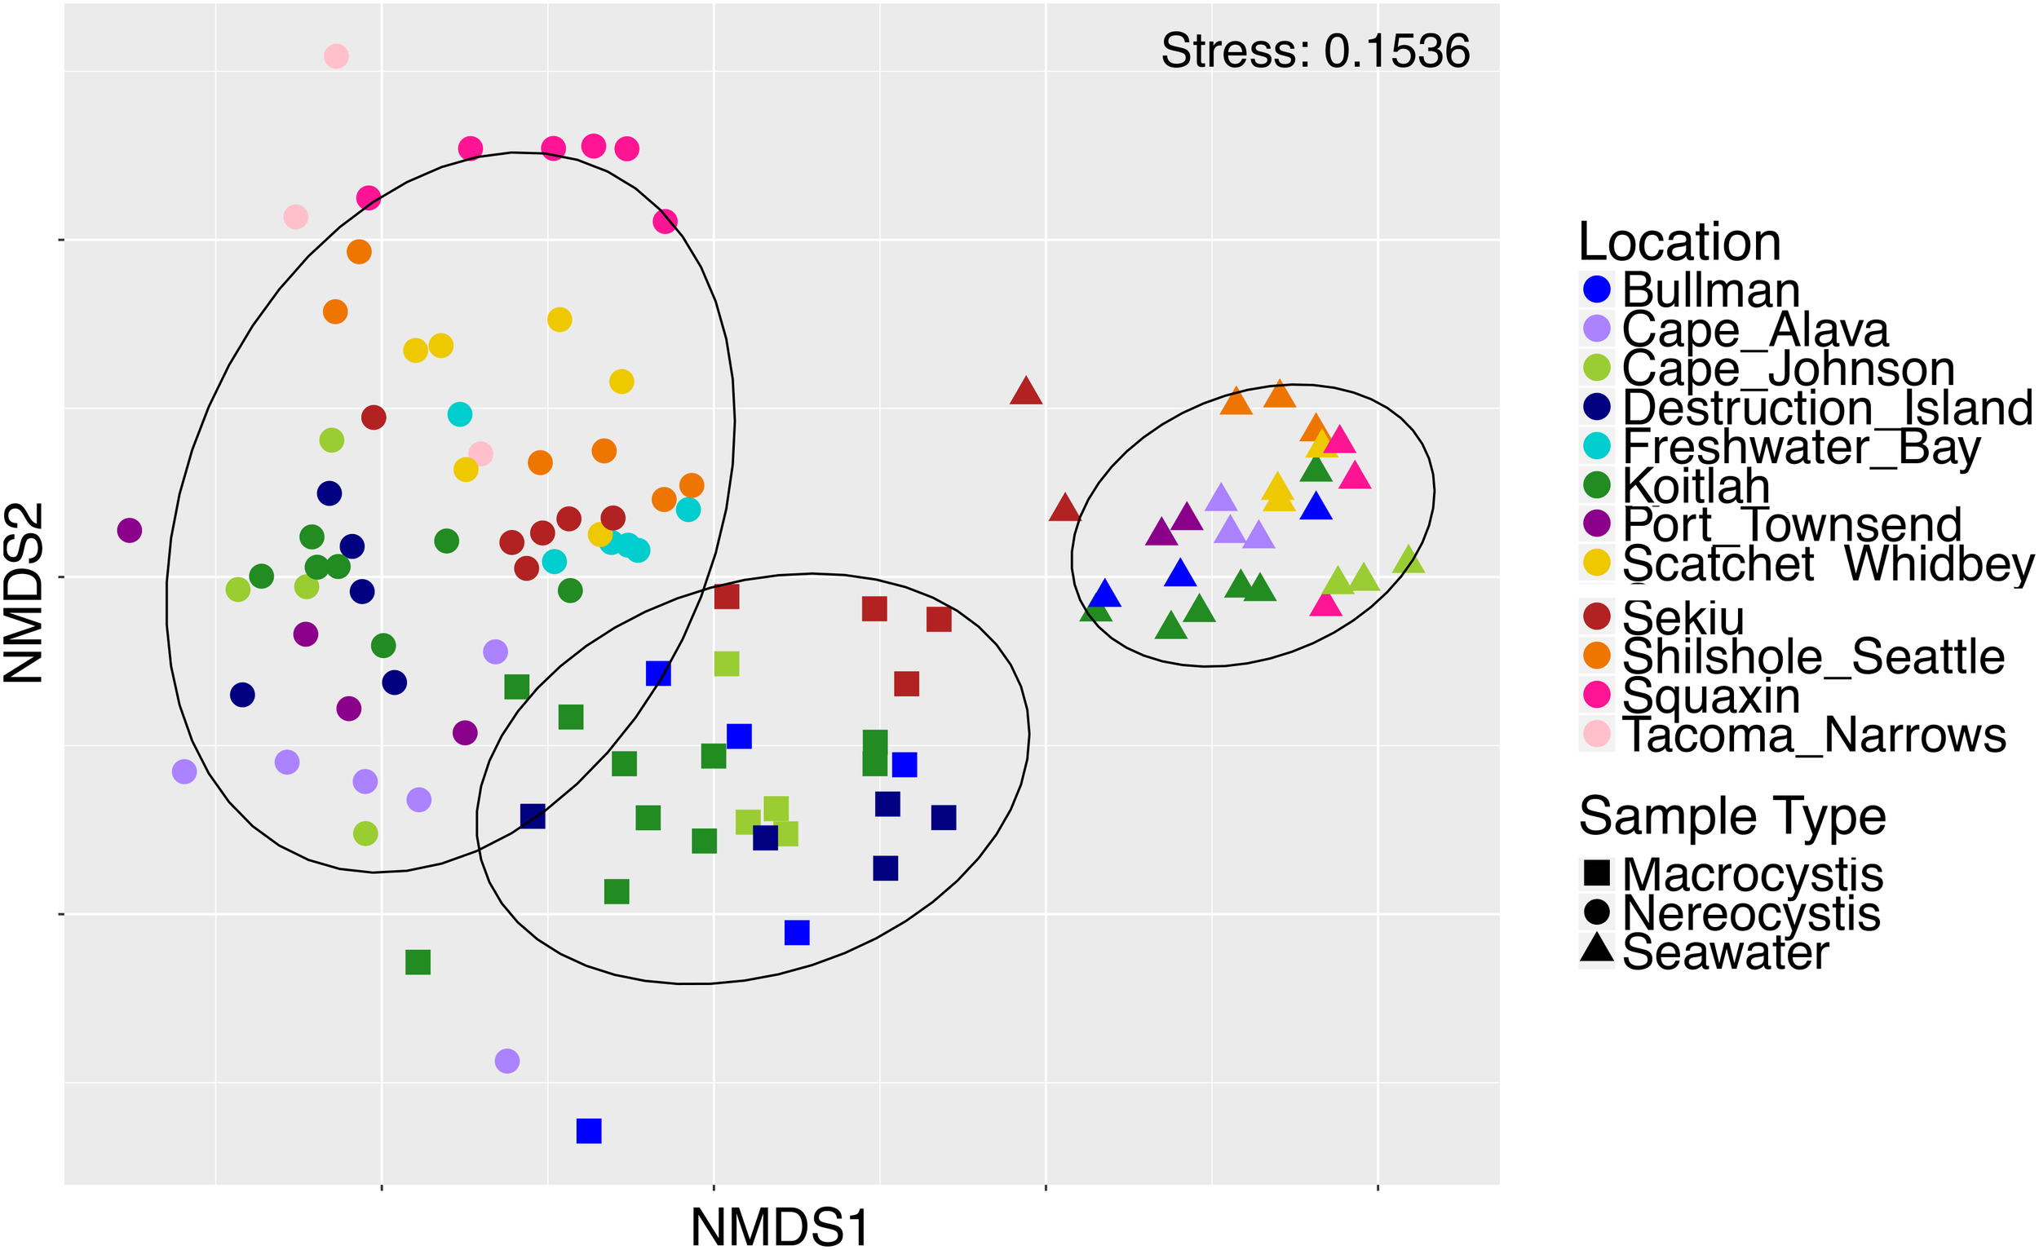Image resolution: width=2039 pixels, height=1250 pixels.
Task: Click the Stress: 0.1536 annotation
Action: click(1315, 51)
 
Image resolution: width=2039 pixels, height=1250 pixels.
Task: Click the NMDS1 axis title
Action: click(780, 1227)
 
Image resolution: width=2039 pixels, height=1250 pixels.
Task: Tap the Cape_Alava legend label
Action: click(1754, 329)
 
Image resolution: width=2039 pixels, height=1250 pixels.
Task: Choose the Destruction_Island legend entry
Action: click(1826, 407)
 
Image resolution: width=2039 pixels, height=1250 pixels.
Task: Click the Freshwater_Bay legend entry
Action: click(1801, 447)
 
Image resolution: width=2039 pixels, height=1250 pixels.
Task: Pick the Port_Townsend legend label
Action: click(1791, 524)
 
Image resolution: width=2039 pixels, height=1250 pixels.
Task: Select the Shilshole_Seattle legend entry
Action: click(1812, 656)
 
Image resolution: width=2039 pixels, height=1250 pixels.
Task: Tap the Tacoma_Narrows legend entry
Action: click(1813, 735)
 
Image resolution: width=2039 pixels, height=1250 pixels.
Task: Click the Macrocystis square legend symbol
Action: click(1596, 873)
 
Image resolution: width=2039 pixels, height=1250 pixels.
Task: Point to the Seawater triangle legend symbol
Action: click(1596, 949)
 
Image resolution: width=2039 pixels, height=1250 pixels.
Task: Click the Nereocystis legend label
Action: click(1751, 913)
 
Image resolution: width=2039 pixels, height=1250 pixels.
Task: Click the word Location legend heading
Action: click(1679, 241)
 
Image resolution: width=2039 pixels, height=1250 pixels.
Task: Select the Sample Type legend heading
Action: click(1732, 816)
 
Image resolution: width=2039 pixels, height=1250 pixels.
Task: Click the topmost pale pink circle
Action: click(336, 56)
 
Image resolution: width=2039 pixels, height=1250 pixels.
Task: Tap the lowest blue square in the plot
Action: click(588, 1130)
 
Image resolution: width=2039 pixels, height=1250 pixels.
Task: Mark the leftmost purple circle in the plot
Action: click(129, 529)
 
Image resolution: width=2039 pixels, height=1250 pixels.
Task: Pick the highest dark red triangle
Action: click(1025, 391)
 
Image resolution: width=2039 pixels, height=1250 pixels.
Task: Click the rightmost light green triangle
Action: click(1409, 561)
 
